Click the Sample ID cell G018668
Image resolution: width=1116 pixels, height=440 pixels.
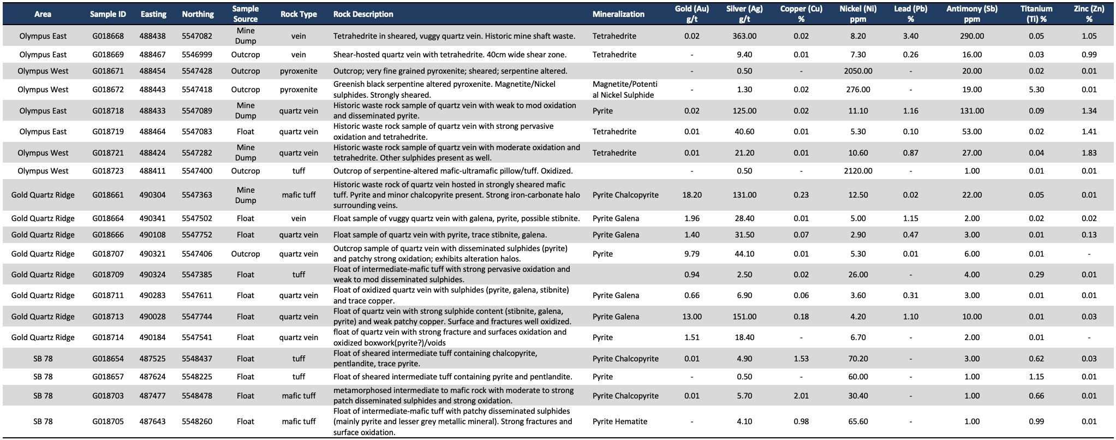108,36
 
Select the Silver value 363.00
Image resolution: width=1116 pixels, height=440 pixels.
744,36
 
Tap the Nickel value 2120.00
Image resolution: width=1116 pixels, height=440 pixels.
858,171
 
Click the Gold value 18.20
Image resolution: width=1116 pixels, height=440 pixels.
692,195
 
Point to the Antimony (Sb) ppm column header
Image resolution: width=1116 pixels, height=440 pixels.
972,14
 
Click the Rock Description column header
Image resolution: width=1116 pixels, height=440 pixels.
363,14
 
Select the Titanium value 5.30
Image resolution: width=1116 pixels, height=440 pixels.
1036,90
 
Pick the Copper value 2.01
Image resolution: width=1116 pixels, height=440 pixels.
801,396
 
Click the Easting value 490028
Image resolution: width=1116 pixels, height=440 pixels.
153,317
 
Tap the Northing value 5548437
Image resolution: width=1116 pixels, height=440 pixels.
197,359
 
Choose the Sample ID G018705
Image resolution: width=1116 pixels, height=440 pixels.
108,421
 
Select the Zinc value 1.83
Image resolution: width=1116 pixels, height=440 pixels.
1089,153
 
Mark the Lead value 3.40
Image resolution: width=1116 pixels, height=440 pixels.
911,36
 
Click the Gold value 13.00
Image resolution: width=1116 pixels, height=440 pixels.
692,317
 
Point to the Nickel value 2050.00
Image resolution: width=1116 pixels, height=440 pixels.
858,71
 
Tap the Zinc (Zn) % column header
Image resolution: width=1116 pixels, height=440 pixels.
1089,14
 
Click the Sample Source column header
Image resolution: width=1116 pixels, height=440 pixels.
246,14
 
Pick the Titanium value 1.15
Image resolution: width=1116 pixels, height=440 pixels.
1036,377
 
